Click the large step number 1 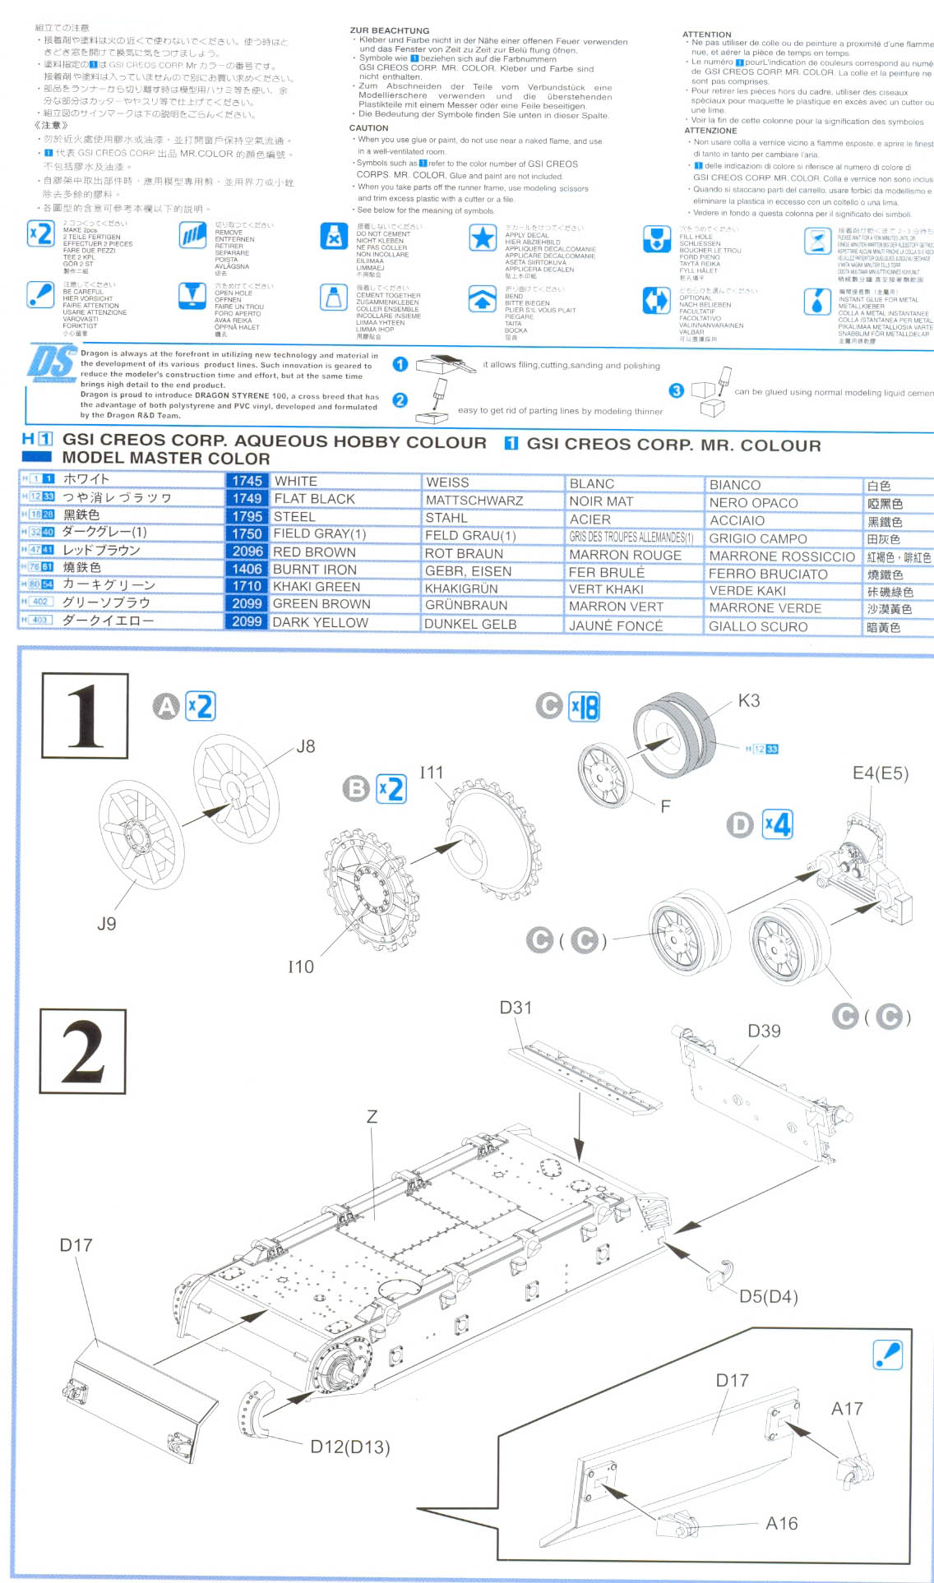(x=85, y=715)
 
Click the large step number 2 (x=83, y=1051)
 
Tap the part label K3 (x=748, y=701)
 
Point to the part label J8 (x=305, y=746)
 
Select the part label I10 (x=300, y=967)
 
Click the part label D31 (x=516, y=1008)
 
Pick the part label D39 (x=764, y=1031)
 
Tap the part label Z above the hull (x=372, y=1116)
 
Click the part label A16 (x=781, y=1523)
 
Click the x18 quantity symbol (x=584, y=707)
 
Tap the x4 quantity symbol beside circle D (x=777, y=824)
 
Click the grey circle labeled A (x=166, y=706)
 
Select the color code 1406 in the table (x=247, y=569)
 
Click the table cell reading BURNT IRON (x=315, y=570)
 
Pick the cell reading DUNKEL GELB (x=470, y=624)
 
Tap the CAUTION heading (x=368, y=128)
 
